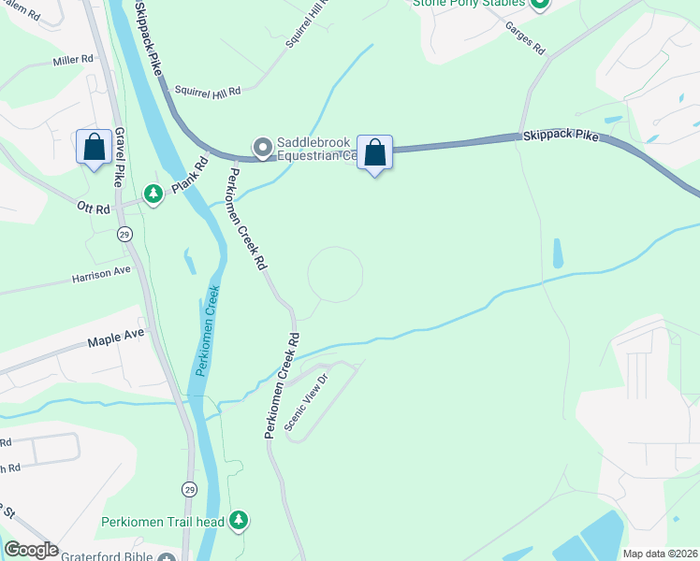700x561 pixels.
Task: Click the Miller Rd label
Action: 74,59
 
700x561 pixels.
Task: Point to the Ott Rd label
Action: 95,208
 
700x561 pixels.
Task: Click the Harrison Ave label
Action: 103,278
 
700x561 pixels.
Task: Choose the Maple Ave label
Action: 116,333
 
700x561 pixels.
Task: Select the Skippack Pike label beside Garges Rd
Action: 560,136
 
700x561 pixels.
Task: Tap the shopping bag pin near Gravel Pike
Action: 94,147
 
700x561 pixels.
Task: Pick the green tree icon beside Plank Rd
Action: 153,194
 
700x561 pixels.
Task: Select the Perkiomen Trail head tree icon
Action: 240,520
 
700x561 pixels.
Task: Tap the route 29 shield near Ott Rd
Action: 124,234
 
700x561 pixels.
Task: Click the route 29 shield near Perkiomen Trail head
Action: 190,489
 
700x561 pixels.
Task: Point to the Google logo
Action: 31,550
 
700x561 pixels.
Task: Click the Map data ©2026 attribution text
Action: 659,554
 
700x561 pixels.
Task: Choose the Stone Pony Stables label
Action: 467,3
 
